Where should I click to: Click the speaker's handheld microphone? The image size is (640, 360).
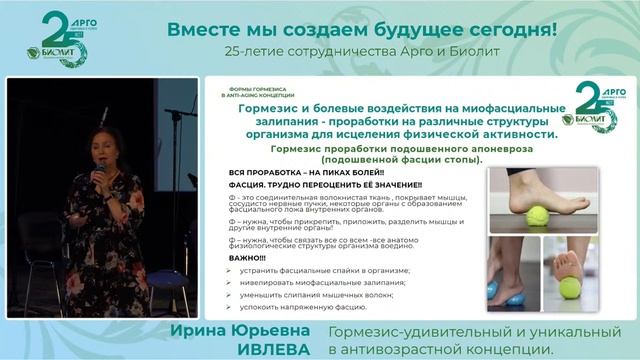click(100, 173)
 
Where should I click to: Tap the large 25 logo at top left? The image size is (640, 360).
click(63, 40)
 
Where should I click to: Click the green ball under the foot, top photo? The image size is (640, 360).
click(537, 214)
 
